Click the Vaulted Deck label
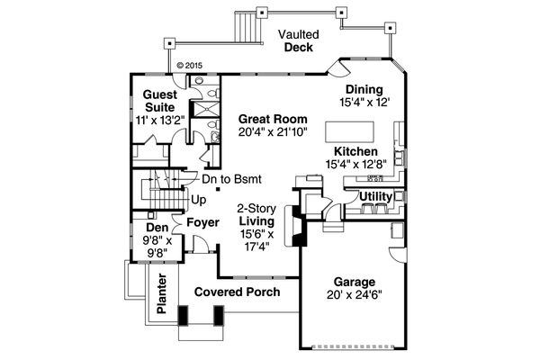point(298,40)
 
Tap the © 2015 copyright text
point(191,65)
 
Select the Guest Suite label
point(158,101)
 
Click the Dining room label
point(364,89)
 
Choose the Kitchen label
point(356,151)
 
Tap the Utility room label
point(375,196)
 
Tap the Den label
point(157,228)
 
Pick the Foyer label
point(202,221)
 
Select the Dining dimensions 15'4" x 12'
point(364,103)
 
